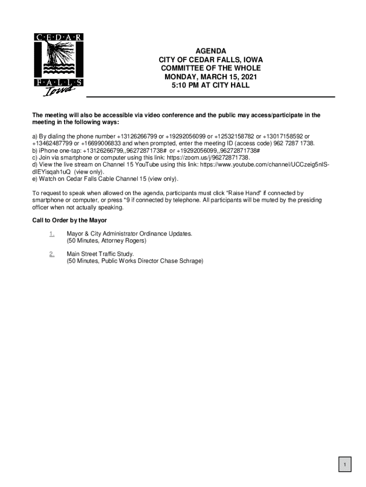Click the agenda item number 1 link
point(51,234)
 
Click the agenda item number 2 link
point(51,254)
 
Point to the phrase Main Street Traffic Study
point(100,254)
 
